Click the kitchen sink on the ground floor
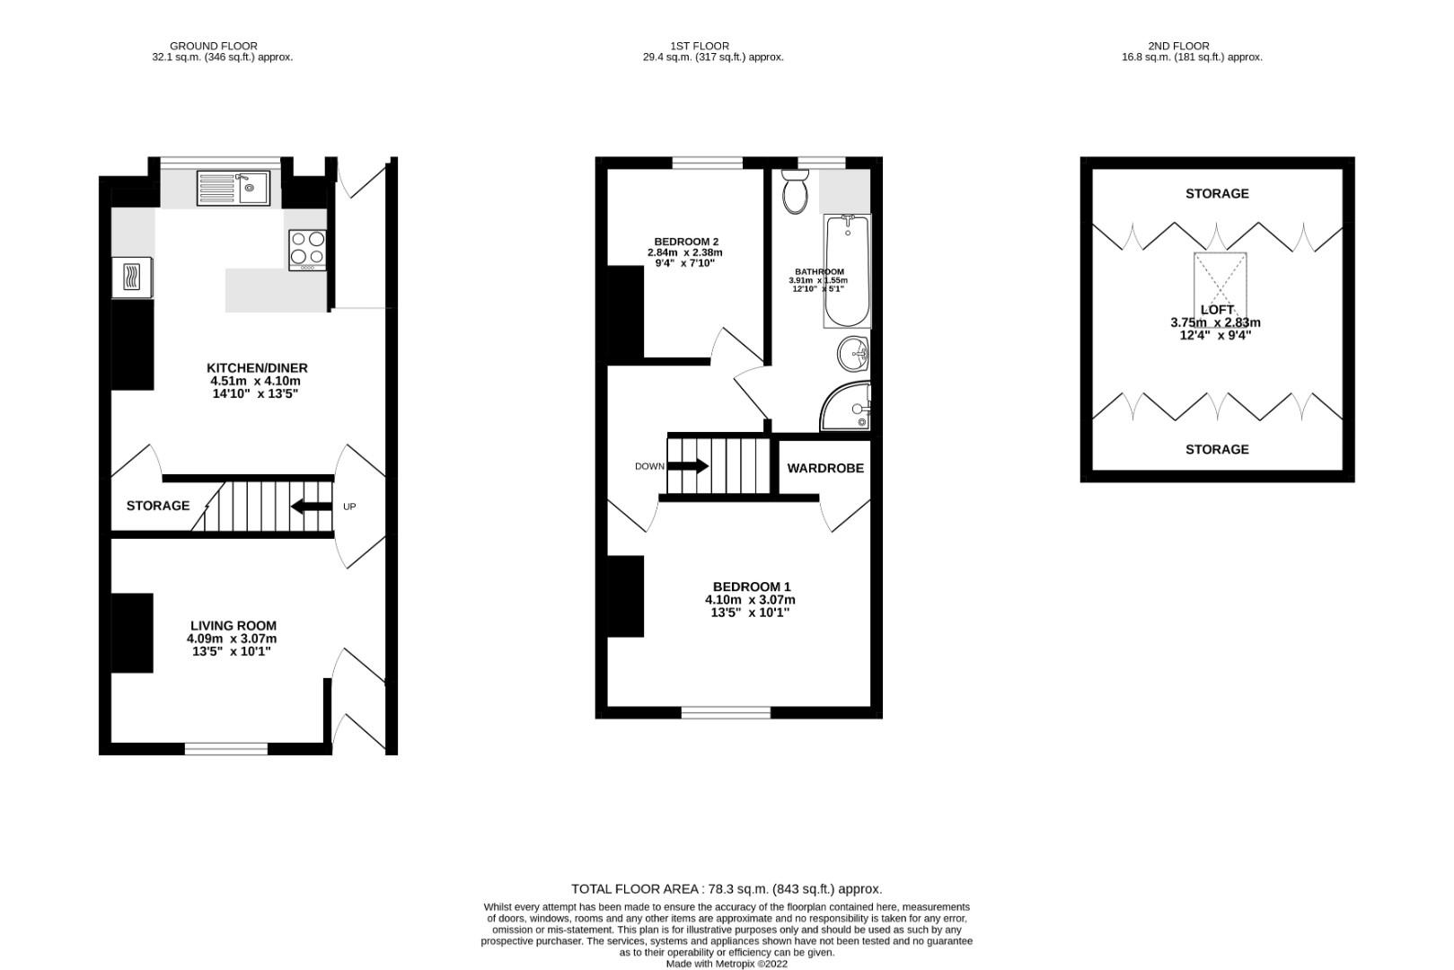pos(234,188)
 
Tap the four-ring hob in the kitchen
pos(307,250)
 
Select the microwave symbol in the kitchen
pos(131,278)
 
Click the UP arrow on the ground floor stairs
pos(311,507)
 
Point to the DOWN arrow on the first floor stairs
pos(688,466)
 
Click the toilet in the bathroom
pos(795,193)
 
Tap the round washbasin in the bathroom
pos(853,354)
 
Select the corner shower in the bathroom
pos(848,407)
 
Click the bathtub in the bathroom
pos(847,271)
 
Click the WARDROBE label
pos(825,468)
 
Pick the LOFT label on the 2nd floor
pos(1217,310)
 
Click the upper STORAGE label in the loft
pos(1217,193)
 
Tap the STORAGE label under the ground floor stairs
pos(158,506)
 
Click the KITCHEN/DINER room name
pos(257,367)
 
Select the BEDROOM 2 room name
pos(685,242)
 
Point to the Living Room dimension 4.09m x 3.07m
pos(232,639)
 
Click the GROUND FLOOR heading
pos(214,46)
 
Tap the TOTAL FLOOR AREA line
pos(727,889)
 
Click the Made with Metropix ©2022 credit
pos(726,964)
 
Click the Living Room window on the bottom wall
pos(226,748)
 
